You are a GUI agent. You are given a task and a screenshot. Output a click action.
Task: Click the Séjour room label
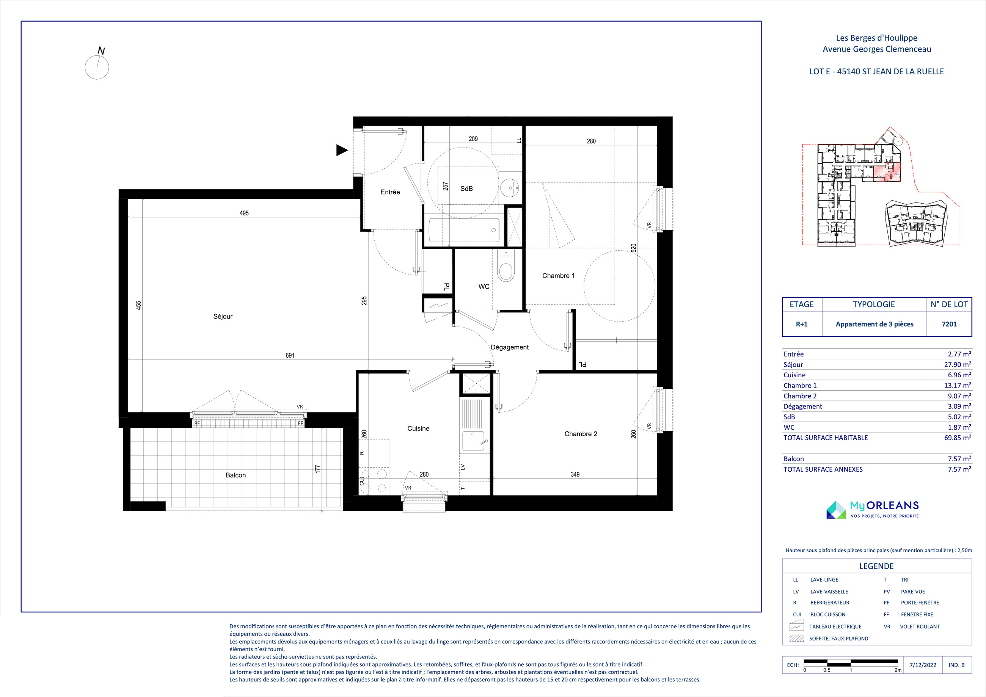click(x=223, y=317)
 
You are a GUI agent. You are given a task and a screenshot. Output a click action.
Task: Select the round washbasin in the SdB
click(x=510, y=188)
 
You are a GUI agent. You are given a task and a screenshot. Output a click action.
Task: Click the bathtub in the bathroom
click(x=464, y=231)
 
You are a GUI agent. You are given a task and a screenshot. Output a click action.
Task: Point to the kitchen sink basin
click(x=474, y=441)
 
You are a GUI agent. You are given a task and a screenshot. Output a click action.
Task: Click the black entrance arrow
click(x=342, y=150)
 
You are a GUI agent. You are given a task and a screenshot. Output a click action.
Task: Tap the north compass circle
click(x=97, y=68)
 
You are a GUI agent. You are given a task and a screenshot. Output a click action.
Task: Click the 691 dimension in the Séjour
click(x=290, y=355)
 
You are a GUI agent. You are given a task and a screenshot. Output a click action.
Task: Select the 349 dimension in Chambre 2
click(x=575, y=474)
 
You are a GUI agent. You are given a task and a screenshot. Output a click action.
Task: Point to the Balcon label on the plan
click(x=236, y=475)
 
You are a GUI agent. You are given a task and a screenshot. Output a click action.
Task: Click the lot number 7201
click(x=949, y=324)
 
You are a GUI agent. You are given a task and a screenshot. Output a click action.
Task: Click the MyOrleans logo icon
click(x=836, y=510)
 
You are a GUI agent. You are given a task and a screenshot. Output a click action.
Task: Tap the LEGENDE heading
click(x=876, y=566)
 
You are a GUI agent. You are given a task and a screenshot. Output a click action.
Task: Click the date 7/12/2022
click(x=923, y=665)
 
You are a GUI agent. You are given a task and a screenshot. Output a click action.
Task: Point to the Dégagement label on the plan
click(x=510, y=347)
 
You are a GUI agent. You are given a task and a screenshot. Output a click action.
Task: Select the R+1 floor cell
click(x=801, y=324)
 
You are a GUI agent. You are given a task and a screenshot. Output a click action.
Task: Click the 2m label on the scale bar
click(x=898, y=670)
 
